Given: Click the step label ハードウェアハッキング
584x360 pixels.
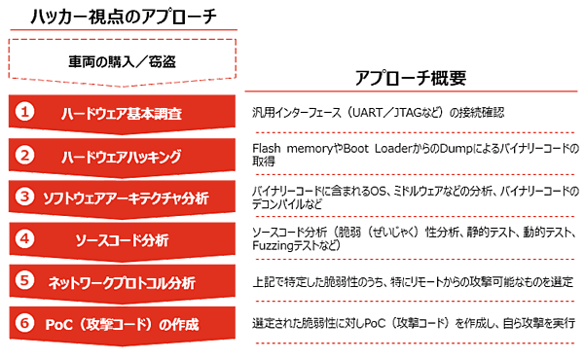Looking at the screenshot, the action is point(134,154).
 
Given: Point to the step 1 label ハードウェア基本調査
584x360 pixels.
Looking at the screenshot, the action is point(134,112).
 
